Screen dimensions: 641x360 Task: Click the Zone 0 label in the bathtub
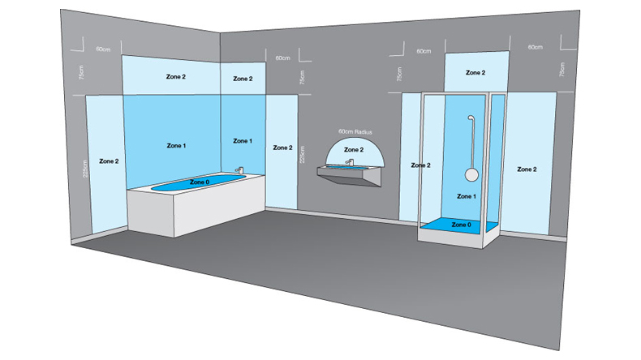[200, 182]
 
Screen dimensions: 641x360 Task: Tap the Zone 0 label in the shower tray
[461, 225]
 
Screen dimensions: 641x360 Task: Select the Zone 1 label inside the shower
[466, 196]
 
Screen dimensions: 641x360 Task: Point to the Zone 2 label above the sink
[354, 149]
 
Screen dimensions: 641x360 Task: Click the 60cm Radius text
[355, 131]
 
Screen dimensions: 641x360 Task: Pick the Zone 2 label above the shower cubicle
[475, 72]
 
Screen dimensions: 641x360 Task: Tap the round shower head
[471, 174]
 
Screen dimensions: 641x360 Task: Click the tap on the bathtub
[239, 170]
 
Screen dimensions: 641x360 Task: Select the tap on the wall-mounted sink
[349, 162]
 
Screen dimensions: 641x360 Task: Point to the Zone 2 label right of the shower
[527, 169]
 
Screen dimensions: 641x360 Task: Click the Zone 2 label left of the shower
[420, 165]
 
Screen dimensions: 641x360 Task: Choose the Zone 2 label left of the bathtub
[109, 161]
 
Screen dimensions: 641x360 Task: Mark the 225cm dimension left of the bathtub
[84, 169]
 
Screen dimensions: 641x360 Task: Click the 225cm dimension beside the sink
[302, 155]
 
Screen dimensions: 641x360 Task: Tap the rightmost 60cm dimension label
[536, 47]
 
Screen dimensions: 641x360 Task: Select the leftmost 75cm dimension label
[81, 72]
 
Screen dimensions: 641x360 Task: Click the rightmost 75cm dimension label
[562, 70]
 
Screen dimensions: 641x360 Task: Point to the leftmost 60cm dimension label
[103, 49]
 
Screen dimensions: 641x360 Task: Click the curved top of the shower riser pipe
[471, 117]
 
